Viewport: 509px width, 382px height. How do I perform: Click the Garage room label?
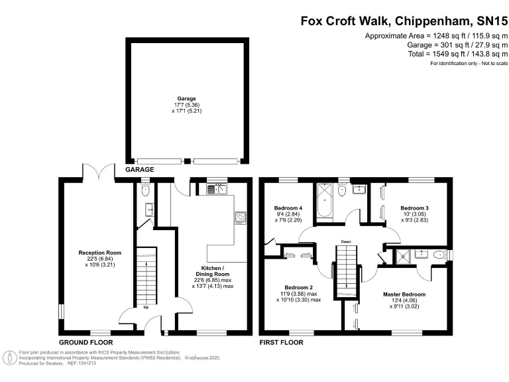tap(186, 98)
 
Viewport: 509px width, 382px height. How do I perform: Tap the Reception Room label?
tap(100, 253)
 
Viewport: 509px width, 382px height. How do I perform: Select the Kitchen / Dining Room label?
tap(213, 271)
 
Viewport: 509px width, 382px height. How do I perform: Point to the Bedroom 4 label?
tap(288, 208)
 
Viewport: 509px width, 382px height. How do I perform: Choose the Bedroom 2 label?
tap(299, 287)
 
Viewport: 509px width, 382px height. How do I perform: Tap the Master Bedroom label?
tap(404, 294)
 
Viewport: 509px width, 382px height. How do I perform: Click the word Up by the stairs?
tap(146, 307)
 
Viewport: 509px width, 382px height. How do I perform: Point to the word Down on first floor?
tap(346, 241)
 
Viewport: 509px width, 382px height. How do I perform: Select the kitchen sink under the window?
tap(217, 188)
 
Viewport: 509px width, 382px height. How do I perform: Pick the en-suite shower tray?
tap(403, 255)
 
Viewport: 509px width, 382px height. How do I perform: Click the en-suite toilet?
tap(439, 255)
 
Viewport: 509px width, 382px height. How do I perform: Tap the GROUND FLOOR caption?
tap(86, 342)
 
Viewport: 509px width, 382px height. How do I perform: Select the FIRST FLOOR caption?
tap(281, 342)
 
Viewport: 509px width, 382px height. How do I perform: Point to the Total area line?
tap(458, 54)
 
